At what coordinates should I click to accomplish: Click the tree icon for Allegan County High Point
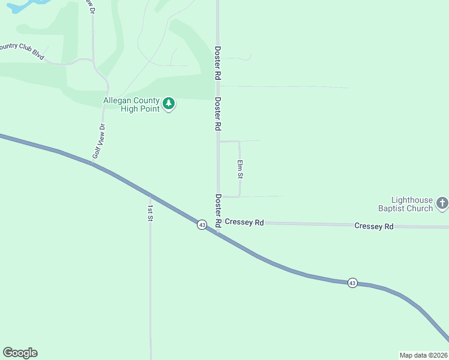pos(169,104)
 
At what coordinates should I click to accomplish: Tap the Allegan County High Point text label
pos(131,104)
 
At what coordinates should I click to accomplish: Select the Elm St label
pos(240,169)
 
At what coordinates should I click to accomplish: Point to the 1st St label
pos(150,213)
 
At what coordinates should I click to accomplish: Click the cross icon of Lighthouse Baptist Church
pos(442,203)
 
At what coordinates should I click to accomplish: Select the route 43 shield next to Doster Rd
pos(202,224)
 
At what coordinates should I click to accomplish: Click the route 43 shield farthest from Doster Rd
pos(352,283)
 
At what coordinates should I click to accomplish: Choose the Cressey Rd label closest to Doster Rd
pos(244,223)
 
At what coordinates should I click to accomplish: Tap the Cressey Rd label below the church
pos(373,226)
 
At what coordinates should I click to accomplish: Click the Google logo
pos(20,353)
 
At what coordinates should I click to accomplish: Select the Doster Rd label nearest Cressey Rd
pos(218,210)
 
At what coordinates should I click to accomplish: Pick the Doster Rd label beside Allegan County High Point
pos(218,114)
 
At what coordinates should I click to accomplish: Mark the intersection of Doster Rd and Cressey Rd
pos(218,223)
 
